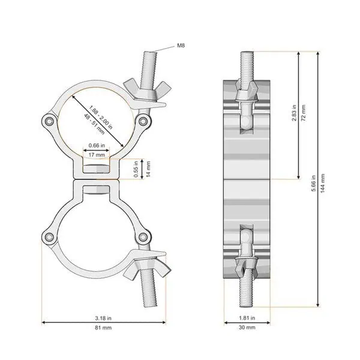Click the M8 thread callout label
pyautogui.click(x=181, y=46)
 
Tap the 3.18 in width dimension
pyautogui.click(x=103, y=318)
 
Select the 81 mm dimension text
pyautogui.click(x=103, y=328)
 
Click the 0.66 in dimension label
pyautogui.click(x=97, y=145)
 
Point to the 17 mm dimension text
pyautogui.click(x=97, y=155)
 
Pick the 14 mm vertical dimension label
pyautogui.click(x=149, y=169)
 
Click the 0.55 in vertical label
pyautogui.click(x=136, y=169)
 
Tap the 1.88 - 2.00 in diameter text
pyautogui.click(x=101, y=118)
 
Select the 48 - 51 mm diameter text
pyautogui.click(x=94, y=124)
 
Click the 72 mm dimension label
pyautogui.click(x=303, y=113)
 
